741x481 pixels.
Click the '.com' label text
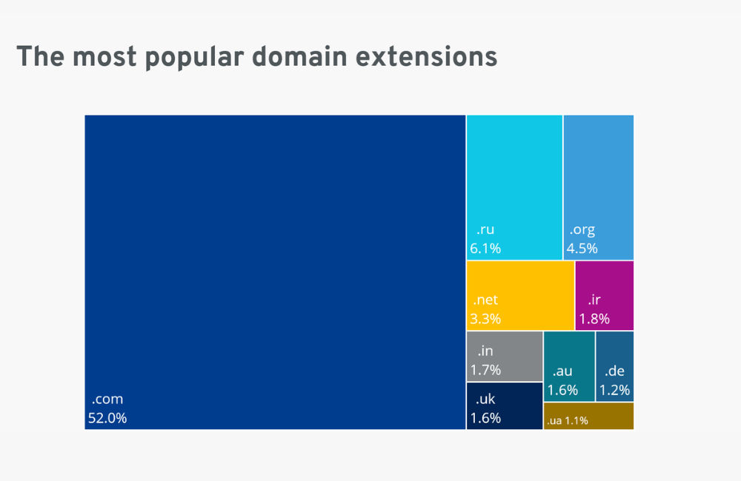(107, 399)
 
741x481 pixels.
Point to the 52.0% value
(107, 418)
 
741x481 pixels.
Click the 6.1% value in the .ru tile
(485, 249)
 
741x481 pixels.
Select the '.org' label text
(582, 230)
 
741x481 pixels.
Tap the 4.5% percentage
(582, 249)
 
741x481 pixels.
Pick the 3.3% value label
(485, 319)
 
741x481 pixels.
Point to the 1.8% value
(594, 319)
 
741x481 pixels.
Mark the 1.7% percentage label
(485, 369)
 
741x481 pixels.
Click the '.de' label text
(615, 371)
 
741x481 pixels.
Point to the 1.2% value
(615, 389)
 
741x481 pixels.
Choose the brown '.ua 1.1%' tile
(589, 416)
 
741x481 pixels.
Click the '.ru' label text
(485, 230)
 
